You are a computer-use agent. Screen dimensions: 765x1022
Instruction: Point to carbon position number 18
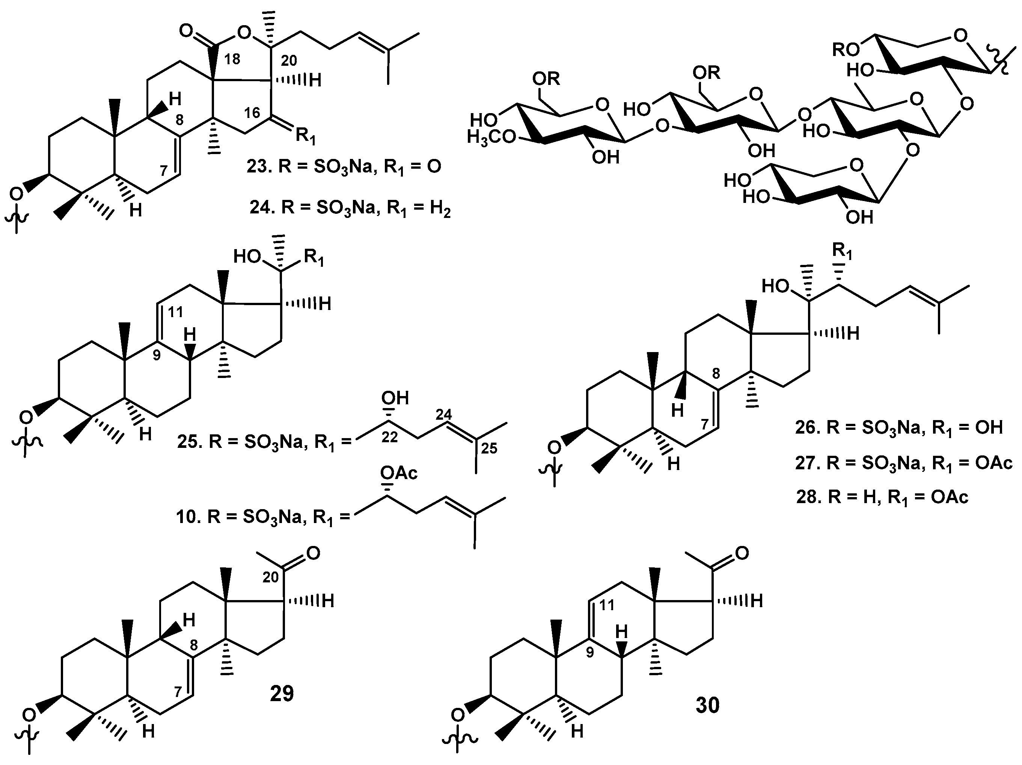pyautogui.click(x=232, y=59)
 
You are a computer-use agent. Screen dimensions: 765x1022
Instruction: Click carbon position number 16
pyautogui.click(x=252, y=112)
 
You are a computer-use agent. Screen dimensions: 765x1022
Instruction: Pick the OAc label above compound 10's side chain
pyautogui.click(x=399, y=473)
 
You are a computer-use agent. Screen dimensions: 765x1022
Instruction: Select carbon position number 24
pyautogui.click(x=443, y=414)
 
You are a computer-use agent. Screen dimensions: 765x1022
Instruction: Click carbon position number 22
pyautogui.click(x=389, y=437)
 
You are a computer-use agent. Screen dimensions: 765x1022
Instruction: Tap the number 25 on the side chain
pyautogui.click(x=489, y=448)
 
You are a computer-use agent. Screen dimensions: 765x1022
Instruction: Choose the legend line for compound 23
pyautogui.click(x=344, y=166)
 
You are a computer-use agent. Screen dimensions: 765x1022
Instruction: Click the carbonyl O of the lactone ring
pyautogui.click(x=186, y=32)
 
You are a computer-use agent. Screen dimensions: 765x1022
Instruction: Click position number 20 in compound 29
pyautogui.click(x=271, y=577)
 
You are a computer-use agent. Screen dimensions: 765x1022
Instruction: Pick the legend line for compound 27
pyautogui.click(x=903, y=463)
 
